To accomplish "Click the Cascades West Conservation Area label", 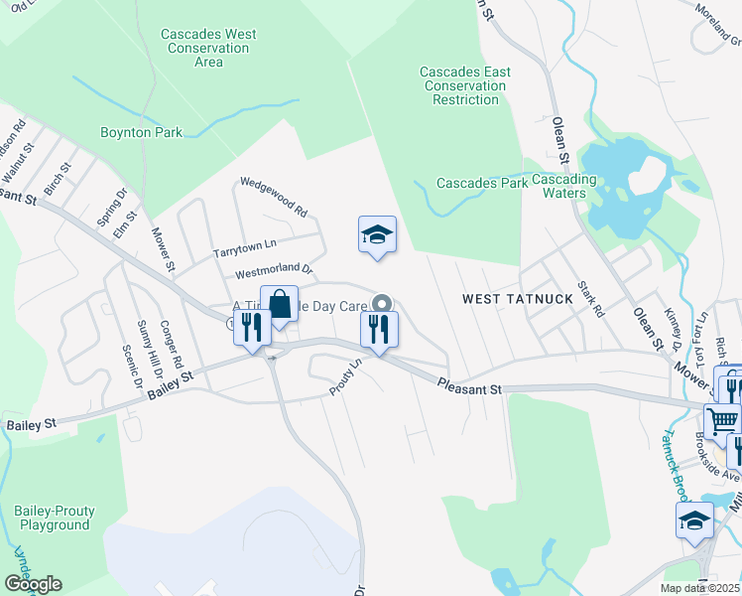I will point(208,48).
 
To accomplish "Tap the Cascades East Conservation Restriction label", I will point(465,85).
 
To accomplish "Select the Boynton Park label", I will point(142,132).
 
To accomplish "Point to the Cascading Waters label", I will point(563,186).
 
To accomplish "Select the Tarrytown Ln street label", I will point(244,248).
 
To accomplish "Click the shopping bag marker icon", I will point(280,305).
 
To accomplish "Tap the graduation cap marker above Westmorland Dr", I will point(377,235).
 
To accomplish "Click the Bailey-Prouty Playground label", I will point(55,518).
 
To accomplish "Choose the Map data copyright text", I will point(699,588).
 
